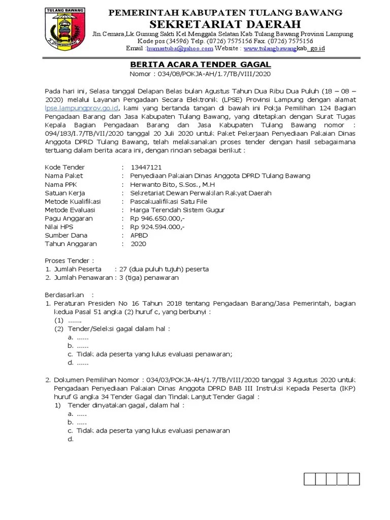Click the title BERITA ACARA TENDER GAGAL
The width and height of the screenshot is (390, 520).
pos(201,65)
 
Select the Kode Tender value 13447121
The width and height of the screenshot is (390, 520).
pos(146,167)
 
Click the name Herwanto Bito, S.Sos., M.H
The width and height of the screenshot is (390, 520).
pos(174,184)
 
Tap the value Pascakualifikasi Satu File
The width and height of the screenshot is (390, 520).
pos(172,202)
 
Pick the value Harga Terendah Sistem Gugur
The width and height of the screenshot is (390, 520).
pos(177,210)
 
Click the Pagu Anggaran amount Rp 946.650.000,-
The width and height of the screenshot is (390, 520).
pos(157,218)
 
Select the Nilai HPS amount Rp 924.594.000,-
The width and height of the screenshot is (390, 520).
pos(157,227)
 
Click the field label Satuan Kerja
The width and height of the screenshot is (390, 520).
pos(64,193)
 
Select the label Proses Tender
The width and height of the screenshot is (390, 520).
pos(68,261)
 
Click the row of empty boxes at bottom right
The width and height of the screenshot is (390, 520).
pos(332,479)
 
